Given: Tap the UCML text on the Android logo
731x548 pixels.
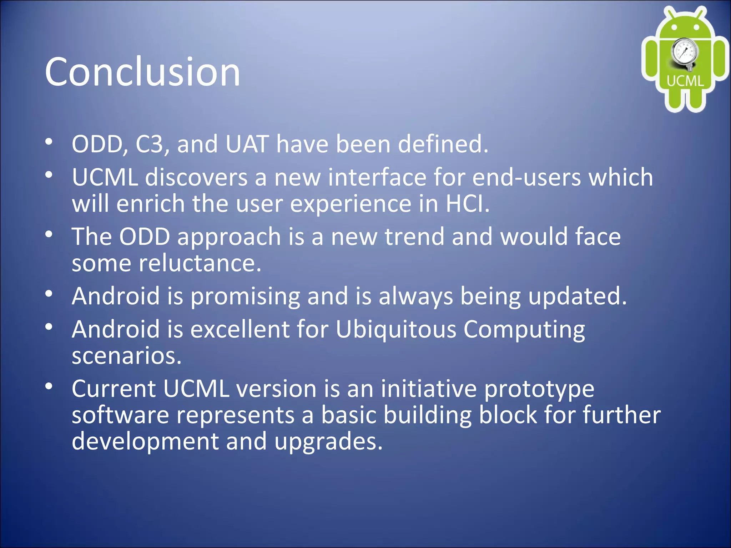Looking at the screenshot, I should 685,81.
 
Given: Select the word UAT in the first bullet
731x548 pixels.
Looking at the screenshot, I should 247,144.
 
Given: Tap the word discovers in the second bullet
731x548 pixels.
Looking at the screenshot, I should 196,177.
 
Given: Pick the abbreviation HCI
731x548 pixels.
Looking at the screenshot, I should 467,204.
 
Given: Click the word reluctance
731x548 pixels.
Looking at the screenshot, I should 200,263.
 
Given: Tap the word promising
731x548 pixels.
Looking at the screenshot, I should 245,297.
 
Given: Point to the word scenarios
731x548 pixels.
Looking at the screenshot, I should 127,356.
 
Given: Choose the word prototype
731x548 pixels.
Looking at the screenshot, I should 539,389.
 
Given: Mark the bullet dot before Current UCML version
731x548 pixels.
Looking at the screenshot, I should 49,386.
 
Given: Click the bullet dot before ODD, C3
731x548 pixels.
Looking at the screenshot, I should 49,142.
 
